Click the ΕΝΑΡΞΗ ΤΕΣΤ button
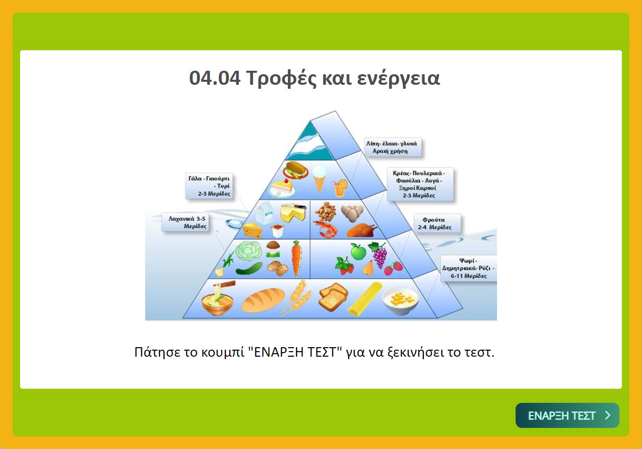(567, 415)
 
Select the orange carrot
(296, 259)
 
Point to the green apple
(358, 251)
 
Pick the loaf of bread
(263, 300)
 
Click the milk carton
(264, 213)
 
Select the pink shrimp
(325, 229)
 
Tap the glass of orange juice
(340, 188)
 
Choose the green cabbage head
(248, 251)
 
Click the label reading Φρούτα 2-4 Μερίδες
(437, 224)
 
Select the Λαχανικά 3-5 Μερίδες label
(185, 222)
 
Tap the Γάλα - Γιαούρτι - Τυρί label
(209, 186)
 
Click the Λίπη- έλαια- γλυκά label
(393, 147)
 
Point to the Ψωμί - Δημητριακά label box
(468, 268)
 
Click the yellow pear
(368, 268)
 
